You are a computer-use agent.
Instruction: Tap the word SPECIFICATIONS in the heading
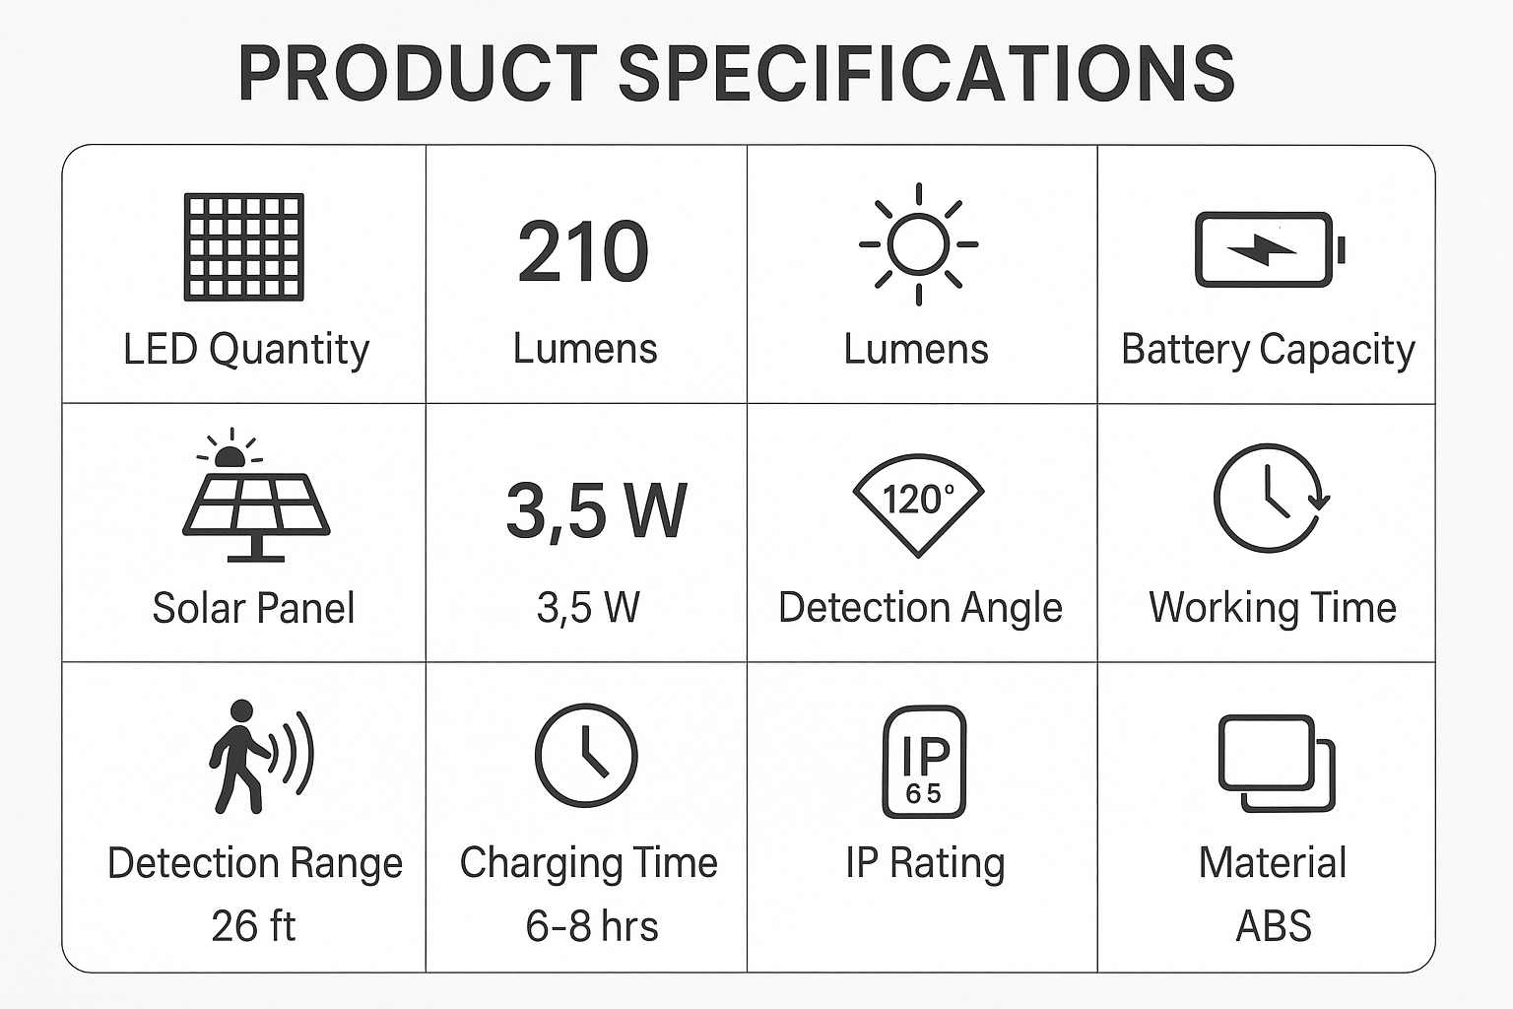(x=927, y=74)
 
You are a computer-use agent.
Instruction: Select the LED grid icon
(x=244, y=246)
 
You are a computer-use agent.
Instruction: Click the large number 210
(x=583, y=250)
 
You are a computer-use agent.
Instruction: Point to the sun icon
(x=919, y=244)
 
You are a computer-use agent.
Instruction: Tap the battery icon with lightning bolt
(x=1270, y=249)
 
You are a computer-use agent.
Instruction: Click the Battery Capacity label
(x=1268, y=350)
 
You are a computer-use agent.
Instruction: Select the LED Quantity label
(x=246, y=350)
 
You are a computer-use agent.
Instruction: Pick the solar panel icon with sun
(x=256, y=495)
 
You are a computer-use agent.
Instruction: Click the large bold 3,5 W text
(x=596, y=510)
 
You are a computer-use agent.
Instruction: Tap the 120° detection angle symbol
(x=919, y=504)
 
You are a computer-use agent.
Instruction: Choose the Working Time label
(x=1273, y=608)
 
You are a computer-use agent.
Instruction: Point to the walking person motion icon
(x=261, y=756)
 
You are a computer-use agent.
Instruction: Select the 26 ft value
(x=253, y=926)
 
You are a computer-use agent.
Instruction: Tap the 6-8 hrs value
(x=592, y=926)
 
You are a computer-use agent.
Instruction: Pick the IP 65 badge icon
(x=924, y=761)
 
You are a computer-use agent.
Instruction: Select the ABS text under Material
(x=1274, y=926)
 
